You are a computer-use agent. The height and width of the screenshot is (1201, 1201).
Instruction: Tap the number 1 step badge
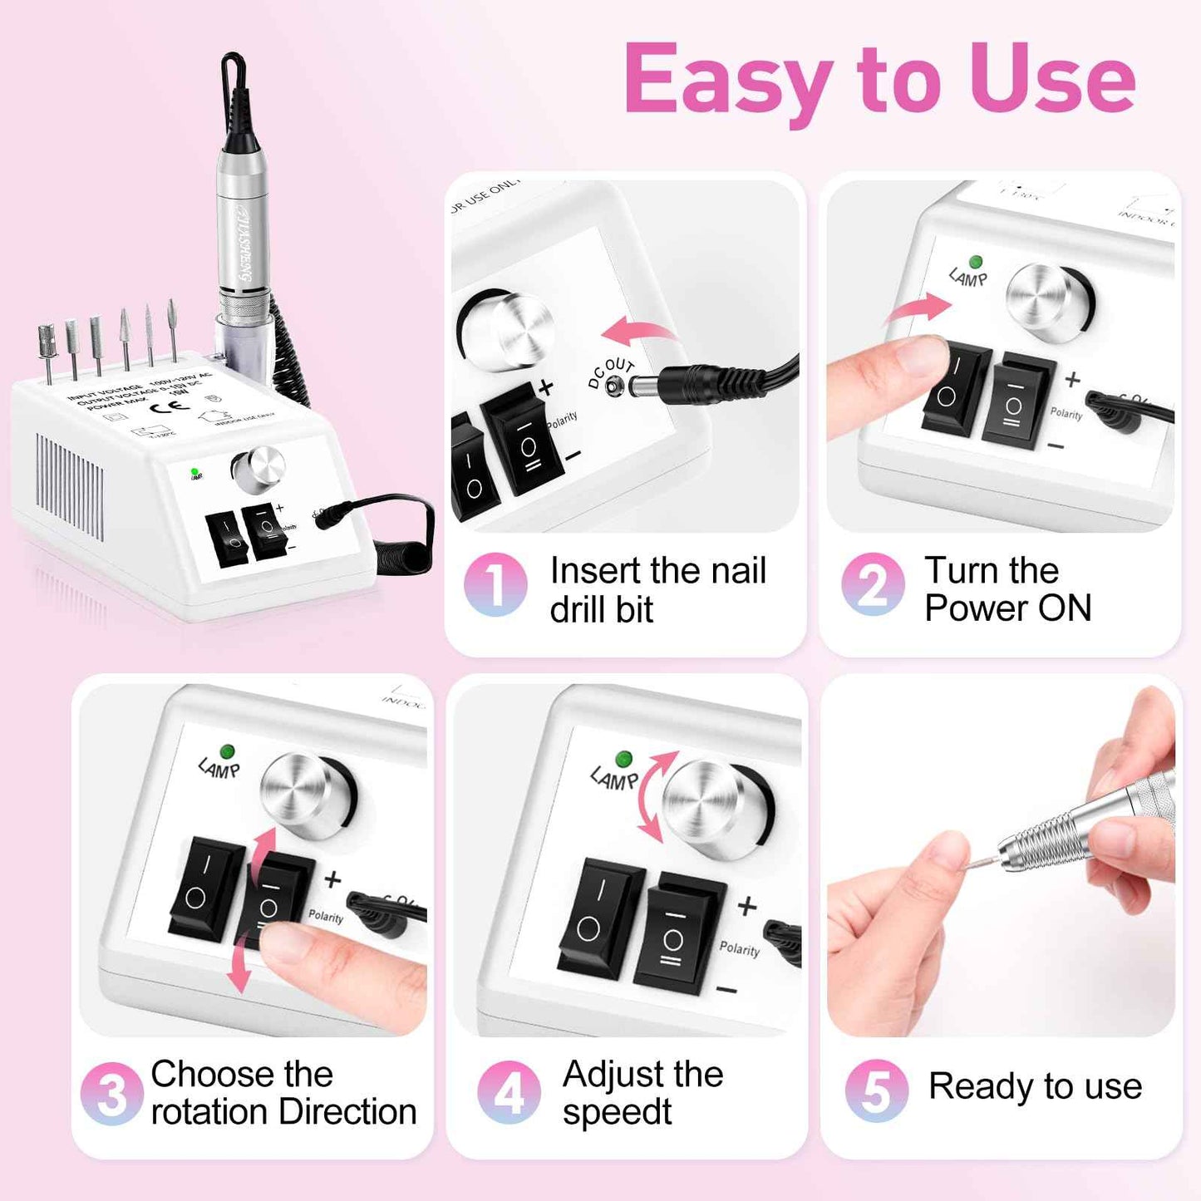click(x=495, y=584)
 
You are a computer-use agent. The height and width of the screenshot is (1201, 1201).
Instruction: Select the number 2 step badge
click(x=872, y=584)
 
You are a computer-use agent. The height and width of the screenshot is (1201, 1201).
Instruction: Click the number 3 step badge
click(x=111, y=1094)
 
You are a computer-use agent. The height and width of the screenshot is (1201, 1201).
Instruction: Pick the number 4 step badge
click(x=509, y=1092)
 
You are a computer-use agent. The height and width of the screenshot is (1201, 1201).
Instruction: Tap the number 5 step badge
click(x=876, y=1090)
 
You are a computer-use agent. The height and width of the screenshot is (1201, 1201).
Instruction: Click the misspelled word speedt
click(x=617, y=1112)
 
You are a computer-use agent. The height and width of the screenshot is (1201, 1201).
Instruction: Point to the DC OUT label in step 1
click(x=610, y=373)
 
